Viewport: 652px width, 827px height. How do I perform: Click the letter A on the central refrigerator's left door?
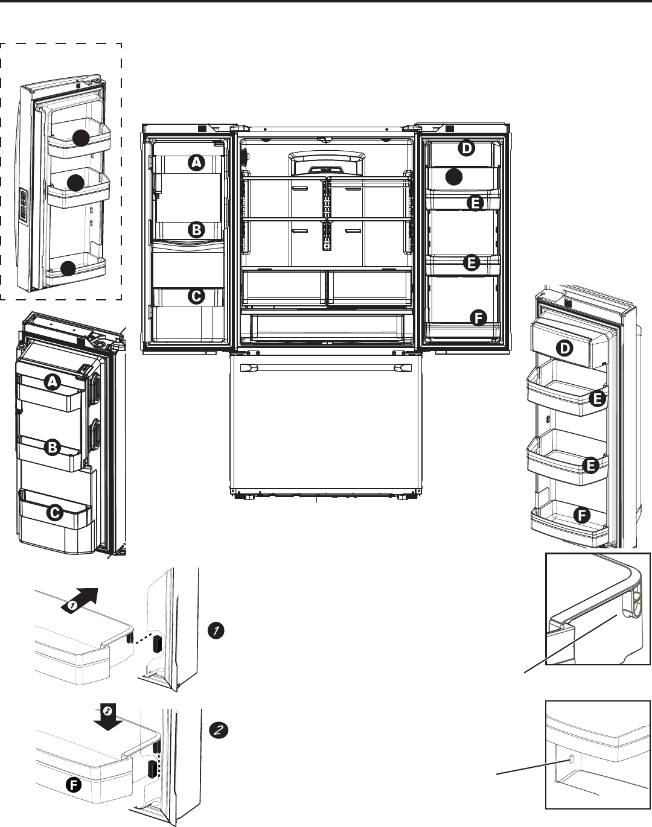point(196,161)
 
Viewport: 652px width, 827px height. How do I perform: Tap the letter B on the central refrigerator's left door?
point(196,229)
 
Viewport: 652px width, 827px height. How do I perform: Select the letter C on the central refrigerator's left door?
point(196,296)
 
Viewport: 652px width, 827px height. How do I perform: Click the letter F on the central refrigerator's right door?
point(479,318)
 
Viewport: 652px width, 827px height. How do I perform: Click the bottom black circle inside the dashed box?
point(69,269)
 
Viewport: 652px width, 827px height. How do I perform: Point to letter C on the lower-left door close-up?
point(54,513)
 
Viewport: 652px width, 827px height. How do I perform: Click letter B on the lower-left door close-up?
point(54,447)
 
